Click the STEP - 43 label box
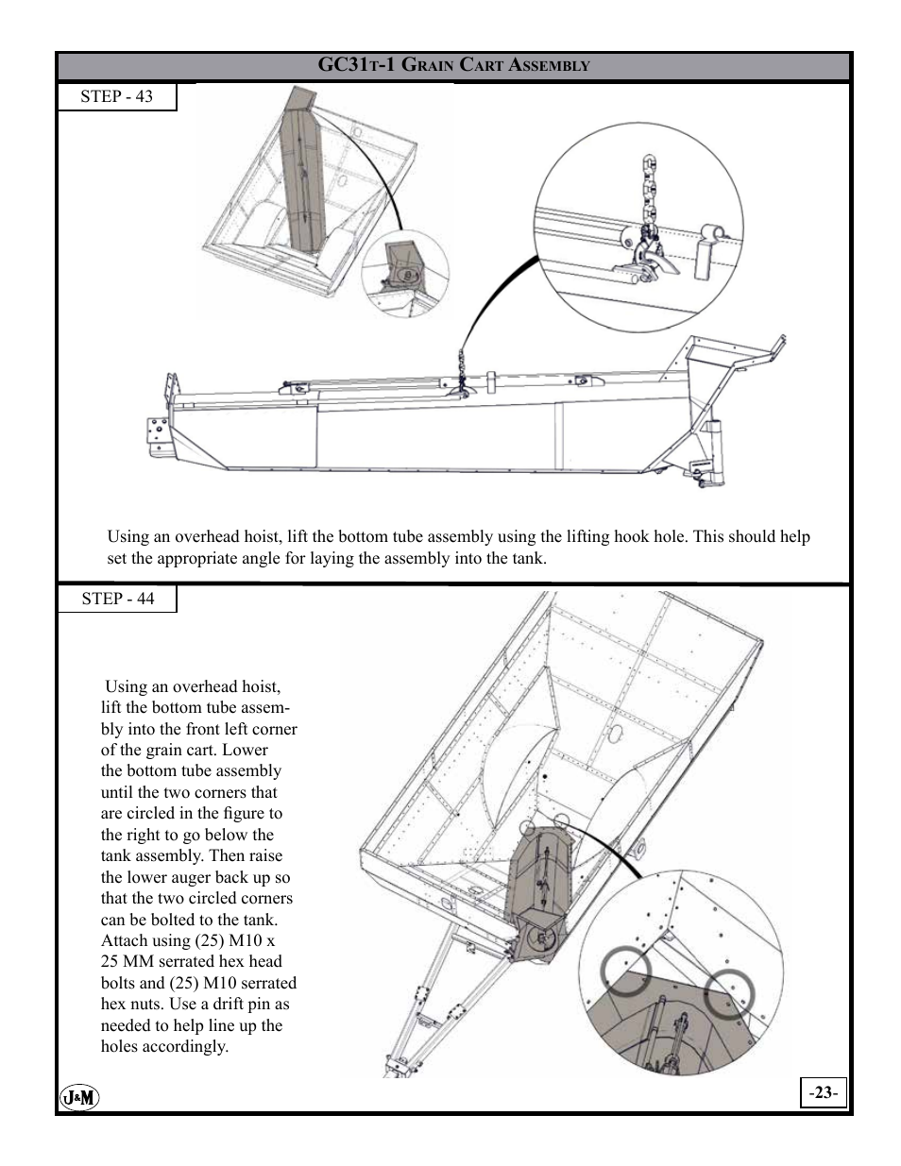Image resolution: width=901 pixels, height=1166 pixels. [116, 96]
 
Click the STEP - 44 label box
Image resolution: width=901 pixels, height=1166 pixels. [117, 599]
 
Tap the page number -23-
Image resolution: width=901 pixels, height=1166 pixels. [823, 1092]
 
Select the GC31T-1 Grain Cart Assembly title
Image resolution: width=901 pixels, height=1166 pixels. [453, 65]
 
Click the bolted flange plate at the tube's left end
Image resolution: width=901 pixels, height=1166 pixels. [155, 435]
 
